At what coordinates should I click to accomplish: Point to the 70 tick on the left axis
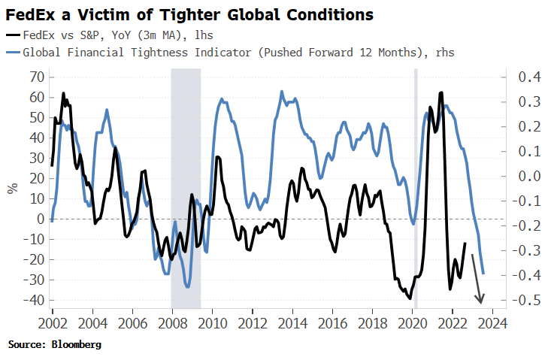(34, 77)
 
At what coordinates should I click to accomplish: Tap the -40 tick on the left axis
(31, 300)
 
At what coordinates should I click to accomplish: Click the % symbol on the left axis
(12, 188)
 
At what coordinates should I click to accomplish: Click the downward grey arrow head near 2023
(480, 297)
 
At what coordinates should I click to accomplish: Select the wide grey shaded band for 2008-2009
(186, 188)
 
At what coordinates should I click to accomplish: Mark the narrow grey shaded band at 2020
(416, 188)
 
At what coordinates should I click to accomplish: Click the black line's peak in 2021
(440, 92)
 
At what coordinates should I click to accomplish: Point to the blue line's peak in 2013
(281, 92)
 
